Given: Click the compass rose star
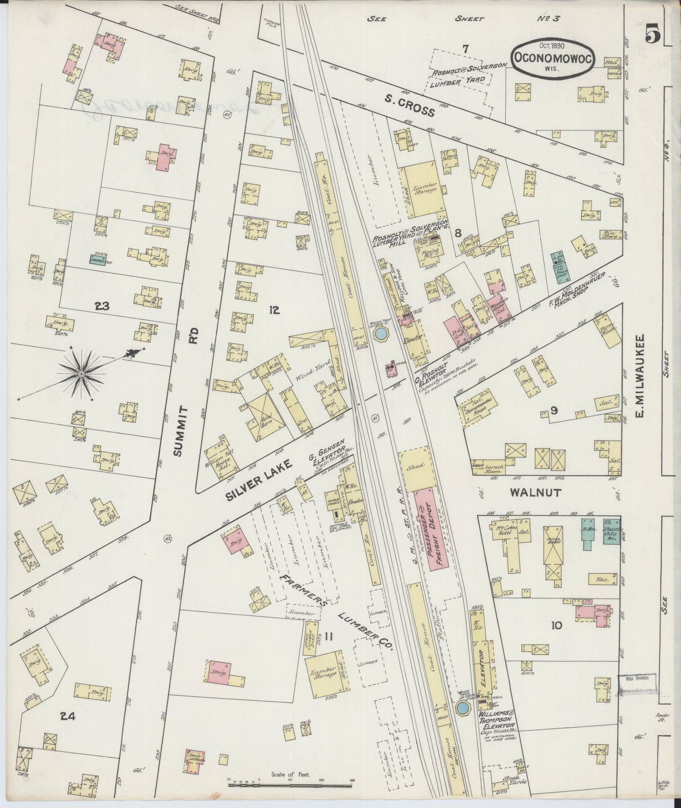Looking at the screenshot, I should (x=81, y=374).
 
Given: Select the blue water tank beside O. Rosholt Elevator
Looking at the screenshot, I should (x=380, y=334).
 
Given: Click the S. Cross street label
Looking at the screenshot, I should (x=409, y=106).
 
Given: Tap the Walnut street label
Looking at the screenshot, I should (x=535, y=492).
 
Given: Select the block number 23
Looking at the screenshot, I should (x=103, y=306).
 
